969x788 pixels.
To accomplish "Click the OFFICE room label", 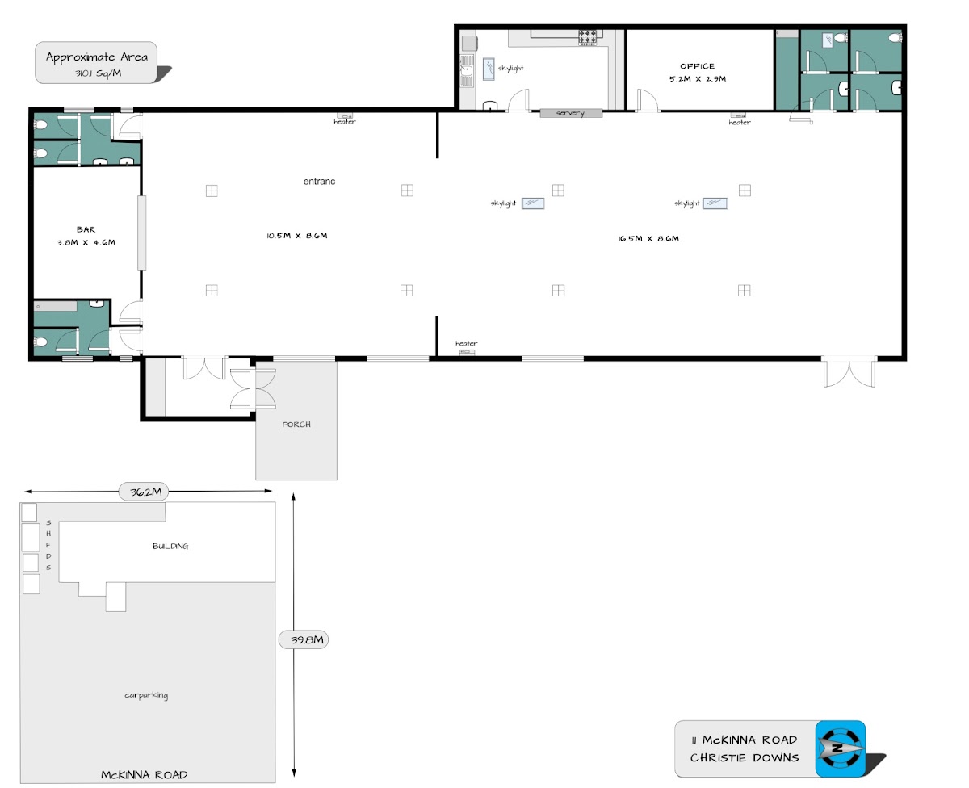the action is coord(697,66).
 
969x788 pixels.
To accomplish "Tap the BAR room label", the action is coord(86,229).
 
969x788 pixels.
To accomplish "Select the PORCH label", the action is coord(296,424).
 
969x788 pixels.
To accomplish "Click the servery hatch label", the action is coord(570,113).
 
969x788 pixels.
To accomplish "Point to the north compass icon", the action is coord(840,748).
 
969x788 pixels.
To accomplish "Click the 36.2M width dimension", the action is coord(145,492).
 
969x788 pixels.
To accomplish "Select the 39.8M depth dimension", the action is coord(307,639).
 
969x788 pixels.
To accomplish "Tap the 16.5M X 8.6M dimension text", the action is coord(648,238).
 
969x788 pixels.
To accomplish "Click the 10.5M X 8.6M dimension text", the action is coord(296,236).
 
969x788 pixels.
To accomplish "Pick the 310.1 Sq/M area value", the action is coord(99,73).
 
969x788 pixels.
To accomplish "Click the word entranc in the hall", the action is coord(319,182).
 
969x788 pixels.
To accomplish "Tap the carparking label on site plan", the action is coord(146,695).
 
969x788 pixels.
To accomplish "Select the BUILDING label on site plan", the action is coord(170,546).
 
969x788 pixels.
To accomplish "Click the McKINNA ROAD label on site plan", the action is coord(144,775).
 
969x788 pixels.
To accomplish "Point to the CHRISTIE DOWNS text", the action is coord(745,757).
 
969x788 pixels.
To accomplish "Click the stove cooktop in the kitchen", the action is coord(587,37).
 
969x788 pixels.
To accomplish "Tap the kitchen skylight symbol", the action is coord(489,69).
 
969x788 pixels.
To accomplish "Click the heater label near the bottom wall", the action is coord(466,343).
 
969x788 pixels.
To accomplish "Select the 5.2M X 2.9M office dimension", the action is coord(698,78).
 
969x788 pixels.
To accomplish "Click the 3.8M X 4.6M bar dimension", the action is coord(86,242).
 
